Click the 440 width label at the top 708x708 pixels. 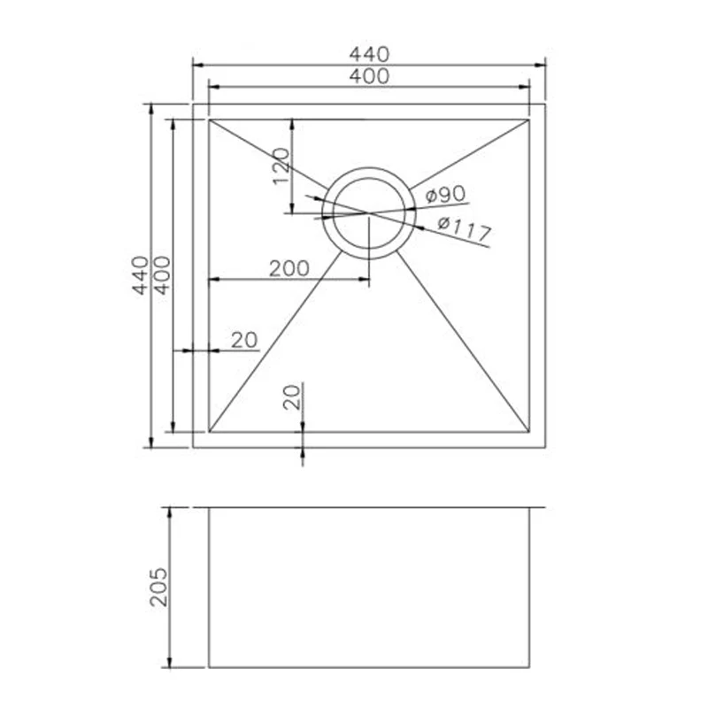[369, 54]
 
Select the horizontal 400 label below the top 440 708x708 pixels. [369, 76]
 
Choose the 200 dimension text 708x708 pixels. [289, 268]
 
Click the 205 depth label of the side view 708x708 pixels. [159, 587]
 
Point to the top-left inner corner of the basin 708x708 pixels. [209, 119]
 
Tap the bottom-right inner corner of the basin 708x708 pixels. [528, 432]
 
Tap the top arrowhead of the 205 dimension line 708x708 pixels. [169, 513]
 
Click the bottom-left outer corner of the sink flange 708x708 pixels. [193, 447]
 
